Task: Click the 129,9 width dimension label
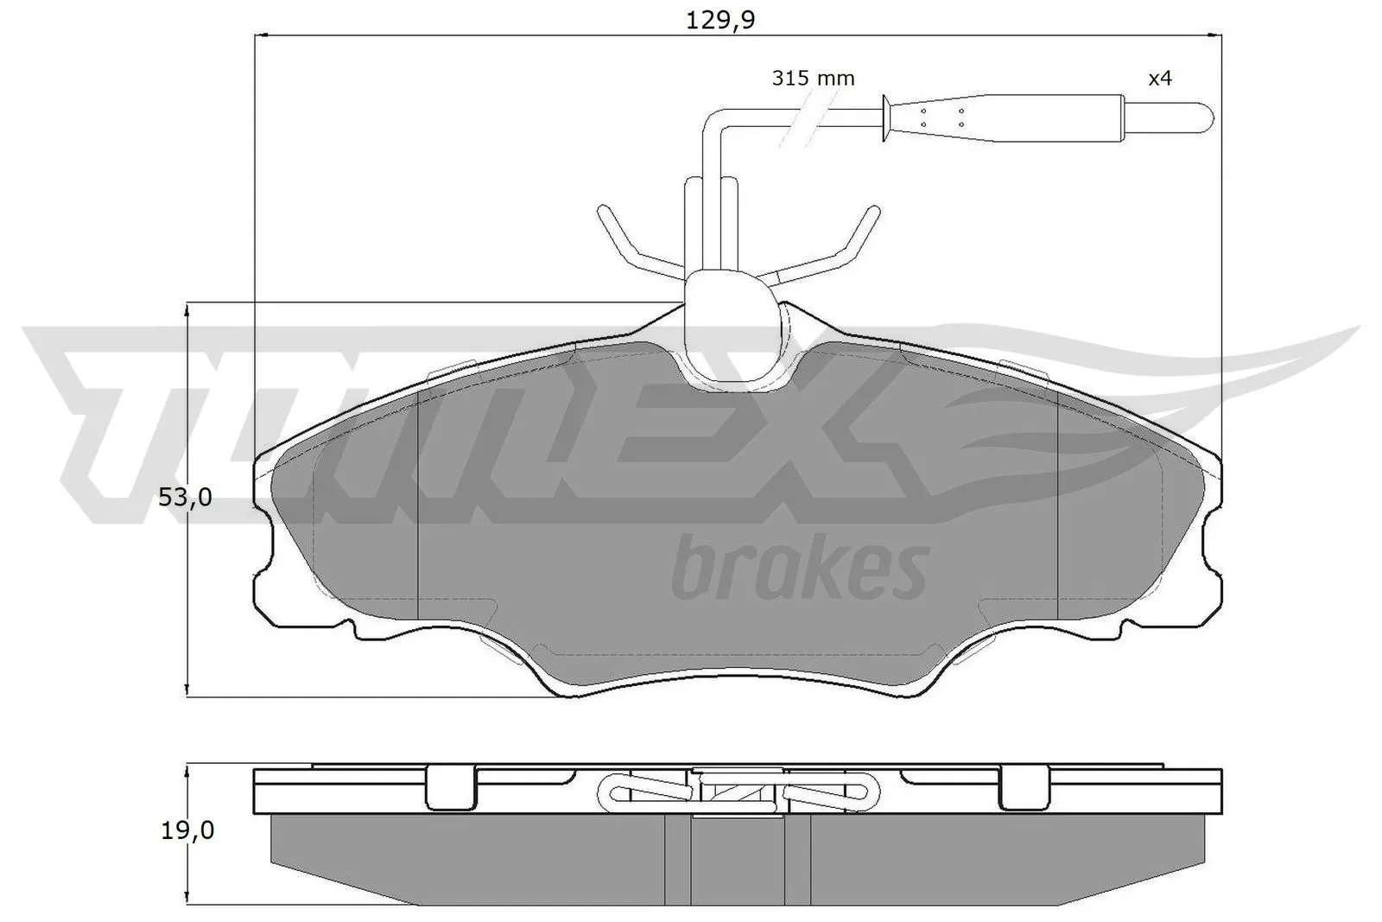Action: (x=720, y=20)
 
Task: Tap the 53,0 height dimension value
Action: (x=185, y=498)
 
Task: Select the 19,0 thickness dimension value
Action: (x=187, y=831)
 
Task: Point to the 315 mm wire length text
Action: (x=813, y=79)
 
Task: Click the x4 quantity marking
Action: (x=1159, y=79)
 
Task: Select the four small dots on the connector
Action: (x=942, y=118)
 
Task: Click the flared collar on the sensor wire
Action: (x=886, y=118)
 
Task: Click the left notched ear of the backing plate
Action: (x=268, y=553)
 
